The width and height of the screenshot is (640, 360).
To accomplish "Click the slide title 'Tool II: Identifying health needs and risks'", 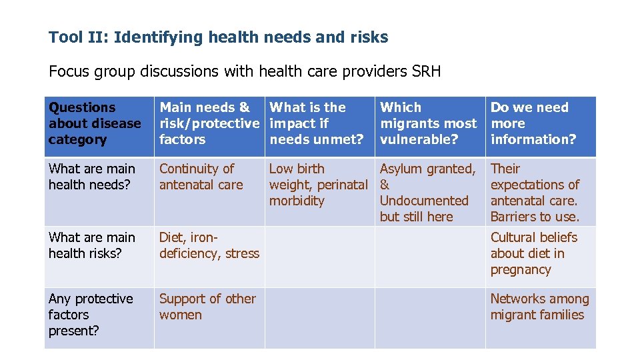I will click(x=218, y=37).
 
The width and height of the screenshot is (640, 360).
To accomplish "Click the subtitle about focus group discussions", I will click(x=244, y=71).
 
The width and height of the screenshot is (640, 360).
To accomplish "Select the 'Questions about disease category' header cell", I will click(x=95, y=123).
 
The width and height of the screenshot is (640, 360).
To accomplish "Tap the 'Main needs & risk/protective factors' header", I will click(x=209, y=123).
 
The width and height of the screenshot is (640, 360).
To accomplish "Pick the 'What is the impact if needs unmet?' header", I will click(x=316, y=123).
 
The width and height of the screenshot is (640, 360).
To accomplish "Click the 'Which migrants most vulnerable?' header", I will click(x=428, y=123).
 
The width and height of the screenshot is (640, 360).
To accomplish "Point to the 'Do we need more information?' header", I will click(x=533, y=123).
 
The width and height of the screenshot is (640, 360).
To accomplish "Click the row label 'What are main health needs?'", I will click(x=92, y=177).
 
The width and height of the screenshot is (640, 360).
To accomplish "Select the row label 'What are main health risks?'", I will click(x=92, y=245).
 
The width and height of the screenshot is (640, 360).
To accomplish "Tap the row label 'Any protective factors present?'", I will click(x=91, y=315).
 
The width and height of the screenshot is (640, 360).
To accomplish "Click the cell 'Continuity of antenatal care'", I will click(x=201, y=177).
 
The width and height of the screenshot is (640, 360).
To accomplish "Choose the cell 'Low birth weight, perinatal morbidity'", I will click(x=318, y=185).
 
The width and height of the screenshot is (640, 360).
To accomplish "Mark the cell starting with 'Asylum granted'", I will click(x=427, y=193).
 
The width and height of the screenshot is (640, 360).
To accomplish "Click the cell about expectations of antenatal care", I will click(x=535, y=193).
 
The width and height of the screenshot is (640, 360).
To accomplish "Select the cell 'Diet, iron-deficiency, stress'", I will click(x=209, y=245).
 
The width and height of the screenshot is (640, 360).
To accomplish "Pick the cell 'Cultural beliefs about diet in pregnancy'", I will click(x=533, y=253).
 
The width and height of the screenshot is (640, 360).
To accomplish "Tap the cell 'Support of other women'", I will click(x=207, y=307).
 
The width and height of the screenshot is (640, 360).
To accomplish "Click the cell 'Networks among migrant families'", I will click(x=539, y=307).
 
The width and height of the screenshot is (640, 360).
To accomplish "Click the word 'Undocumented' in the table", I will click(x=424, y=201).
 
